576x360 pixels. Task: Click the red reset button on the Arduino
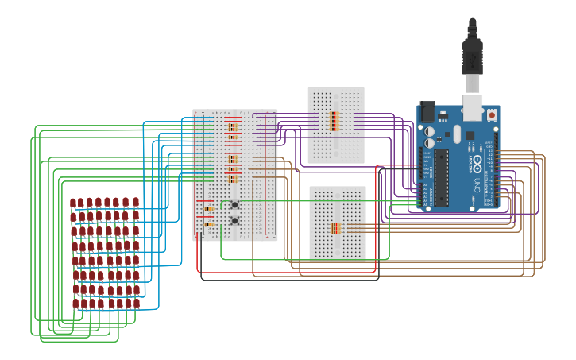point(492,115)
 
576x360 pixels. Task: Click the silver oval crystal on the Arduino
point(458,136)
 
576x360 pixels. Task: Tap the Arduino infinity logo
point(477,163)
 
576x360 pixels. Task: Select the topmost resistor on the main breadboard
point(232,126)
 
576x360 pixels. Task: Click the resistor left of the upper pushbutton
point(208,209)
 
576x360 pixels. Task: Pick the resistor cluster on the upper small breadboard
point(334,121)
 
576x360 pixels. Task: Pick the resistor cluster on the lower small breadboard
point(334,228)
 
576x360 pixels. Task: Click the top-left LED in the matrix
point(73,203)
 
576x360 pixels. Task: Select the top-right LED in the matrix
point(135,203)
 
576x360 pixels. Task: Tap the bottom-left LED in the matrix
point(76,303)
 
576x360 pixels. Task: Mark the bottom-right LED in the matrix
point(137,303)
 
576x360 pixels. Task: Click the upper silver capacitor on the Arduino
point(430,131)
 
